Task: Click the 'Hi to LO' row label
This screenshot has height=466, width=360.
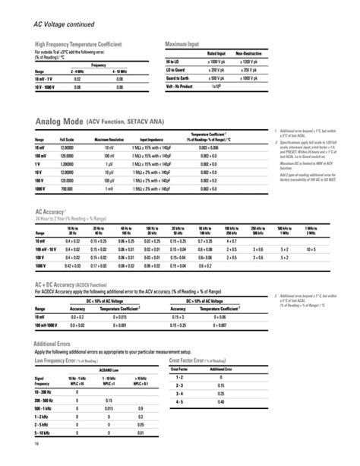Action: (174, 60)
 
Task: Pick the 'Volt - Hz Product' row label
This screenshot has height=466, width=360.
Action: (181, 86)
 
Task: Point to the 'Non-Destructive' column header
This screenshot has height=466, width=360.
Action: (248, 53)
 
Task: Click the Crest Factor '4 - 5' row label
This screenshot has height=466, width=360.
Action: (179, 401)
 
